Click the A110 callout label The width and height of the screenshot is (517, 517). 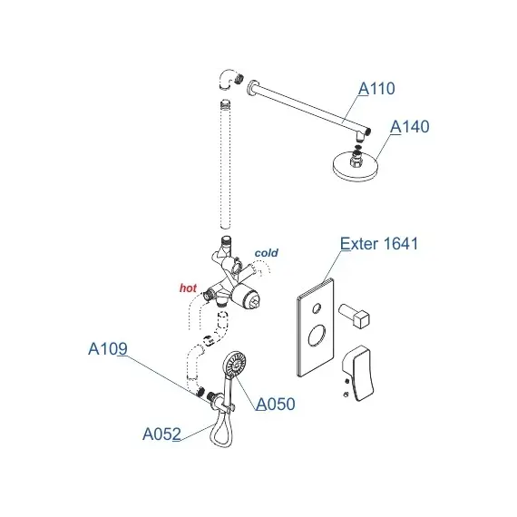click(376, 88)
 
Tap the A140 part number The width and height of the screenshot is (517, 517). click(410, 127)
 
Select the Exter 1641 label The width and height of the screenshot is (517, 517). click(379, 244)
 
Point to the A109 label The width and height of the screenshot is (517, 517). click(108, 348)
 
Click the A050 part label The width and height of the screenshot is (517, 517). click(276, 404)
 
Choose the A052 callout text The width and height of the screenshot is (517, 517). click(161, 434)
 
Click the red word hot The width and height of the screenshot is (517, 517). click(188, 288)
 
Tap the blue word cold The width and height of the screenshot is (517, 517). click(267, 253)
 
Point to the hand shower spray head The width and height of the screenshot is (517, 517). click(234, 364)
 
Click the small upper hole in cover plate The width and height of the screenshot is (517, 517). click(317, 308)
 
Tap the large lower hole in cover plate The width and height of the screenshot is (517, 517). click(317, 335)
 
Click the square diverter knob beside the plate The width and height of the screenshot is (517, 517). click(355, 315)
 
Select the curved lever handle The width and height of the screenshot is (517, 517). click(358, 373)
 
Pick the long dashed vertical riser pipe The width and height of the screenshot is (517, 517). click(226, 164)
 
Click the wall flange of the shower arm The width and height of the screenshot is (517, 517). click(252, 87)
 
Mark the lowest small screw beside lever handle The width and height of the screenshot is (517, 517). click(346, 394)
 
